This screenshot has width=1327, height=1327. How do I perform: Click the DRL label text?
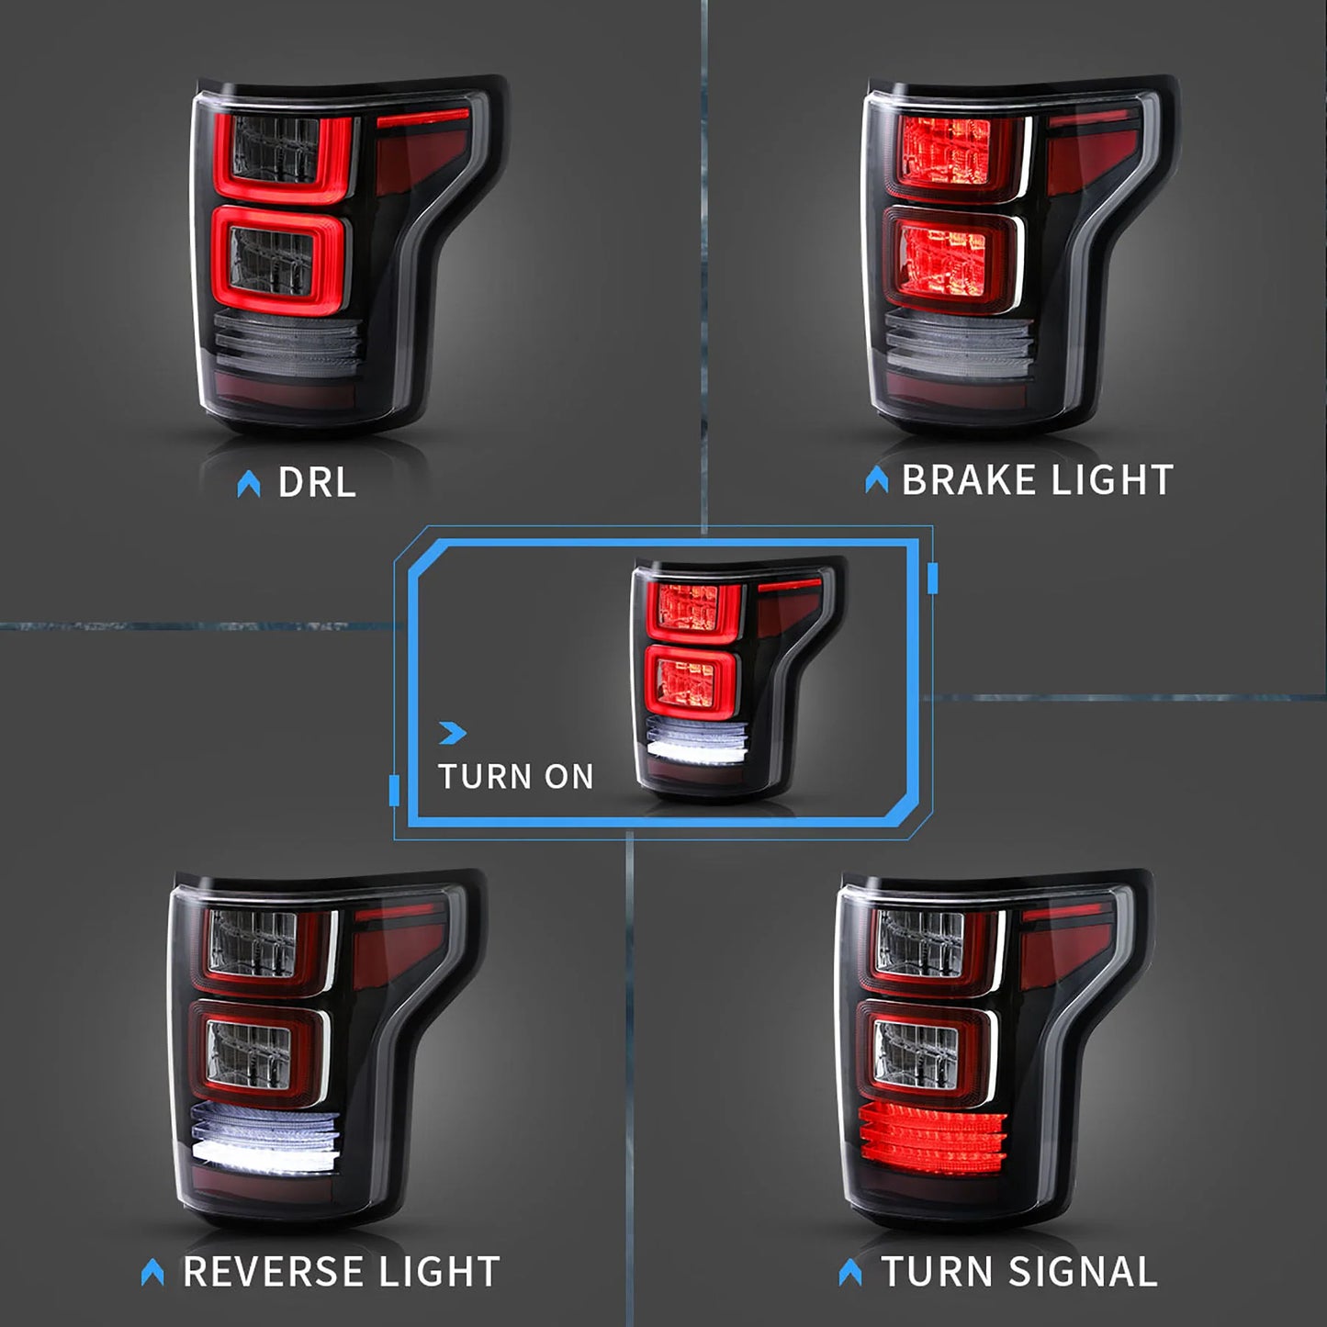click(x=317, y=483)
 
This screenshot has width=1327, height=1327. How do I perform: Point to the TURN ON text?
click(x=515, y=777)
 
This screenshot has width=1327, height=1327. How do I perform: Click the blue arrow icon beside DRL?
click(x=248, y=484)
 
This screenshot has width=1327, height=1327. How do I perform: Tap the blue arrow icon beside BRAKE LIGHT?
click(x=876, y=479)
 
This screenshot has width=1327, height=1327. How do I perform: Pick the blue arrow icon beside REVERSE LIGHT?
click(x=152, y=1272)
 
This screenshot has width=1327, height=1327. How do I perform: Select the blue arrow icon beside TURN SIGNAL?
click(x=850, y=1272)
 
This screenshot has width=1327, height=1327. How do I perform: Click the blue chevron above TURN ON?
click(x=453, y=733)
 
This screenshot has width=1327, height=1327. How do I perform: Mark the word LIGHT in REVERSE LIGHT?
click(x=439, y=1272)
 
